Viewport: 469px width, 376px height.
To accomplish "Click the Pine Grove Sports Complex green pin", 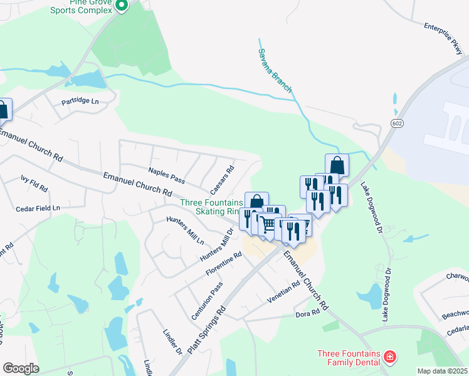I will [122, 6].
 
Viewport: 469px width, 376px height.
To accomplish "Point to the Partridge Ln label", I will [80, 101].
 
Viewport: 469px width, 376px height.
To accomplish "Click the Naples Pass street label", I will [166, 175].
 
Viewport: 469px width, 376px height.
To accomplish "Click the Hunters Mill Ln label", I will [185, 230].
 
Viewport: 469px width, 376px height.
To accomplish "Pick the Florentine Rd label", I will [224, 265].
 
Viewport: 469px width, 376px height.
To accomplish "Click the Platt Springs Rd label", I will [206, 328].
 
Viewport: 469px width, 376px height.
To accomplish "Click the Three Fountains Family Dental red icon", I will [390, 357].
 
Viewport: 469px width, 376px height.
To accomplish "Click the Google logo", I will [20, 368].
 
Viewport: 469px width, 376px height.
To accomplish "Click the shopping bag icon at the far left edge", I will [3, 110].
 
